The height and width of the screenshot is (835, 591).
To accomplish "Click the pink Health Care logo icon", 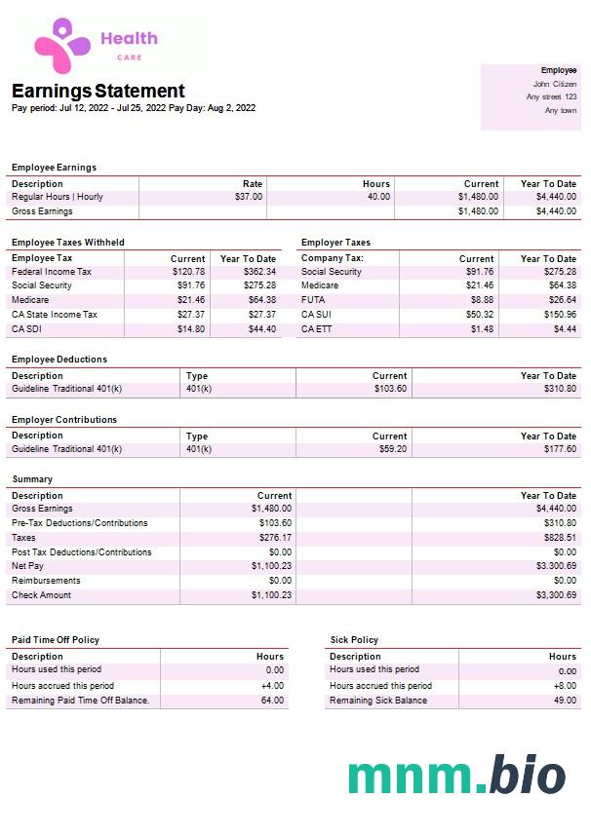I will (62, 46).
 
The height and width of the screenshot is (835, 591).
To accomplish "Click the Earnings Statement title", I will (98, 91).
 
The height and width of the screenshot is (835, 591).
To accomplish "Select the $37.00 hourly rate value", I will (249, 197).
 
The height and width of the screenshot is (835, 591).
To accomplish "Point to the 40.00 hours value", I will (377, 197).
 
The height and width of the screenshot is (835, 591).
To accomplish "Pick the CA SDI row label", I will (27, 329).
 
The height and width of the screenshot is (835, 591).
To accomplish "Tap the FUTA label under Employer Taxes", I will (313, 300).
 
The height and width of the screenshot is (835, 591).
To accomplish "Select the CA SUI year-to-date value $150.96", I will (558, 315).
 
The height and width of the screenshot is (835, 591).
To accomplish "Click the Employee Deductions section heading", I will (59, 360).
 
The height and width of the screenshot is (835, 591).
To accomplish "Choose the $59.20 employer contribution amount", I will (394, 449).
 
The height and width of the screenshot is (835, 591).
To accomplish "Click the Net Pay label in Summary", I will (27, 566).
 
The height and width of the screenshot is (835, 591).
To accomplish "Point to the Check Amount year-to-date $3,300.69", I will (556, 595).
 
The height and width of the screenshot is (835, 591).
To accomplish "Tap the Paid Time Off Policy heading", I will (56, 640).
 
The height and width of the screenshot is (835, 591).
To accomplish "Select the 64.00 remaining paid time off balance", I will (272, 701).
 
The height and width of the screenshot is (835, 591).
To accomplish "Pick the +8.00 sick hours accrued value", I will (563, 686).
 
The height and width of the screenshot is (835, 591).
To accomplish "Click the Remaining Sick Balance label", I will (378, 701).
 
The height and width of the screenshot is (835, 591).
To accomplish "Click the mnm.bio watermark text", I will (456, 776).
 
